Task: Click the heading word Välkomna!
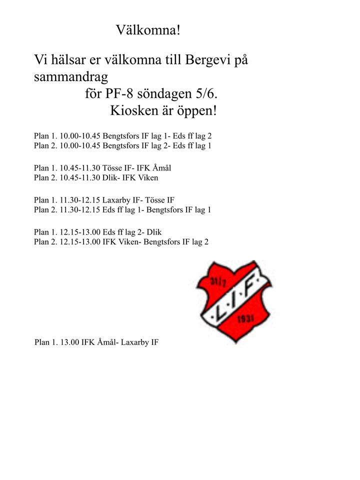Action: (147, 30)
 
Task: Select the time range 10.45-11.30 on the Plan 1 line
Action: (80, 168)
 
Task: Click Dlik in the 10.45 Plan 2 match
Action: (110, 177)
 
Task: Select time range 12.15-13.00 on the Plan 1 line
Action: (80, 232)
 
